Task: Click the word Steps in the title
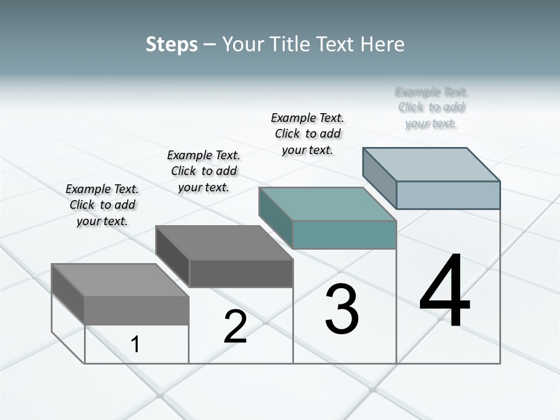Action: [171, 44]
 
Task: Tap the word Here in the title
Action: [381, 44]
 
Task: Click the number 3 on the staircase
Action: [342, 309]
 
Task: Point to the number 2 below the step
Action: [235, 327]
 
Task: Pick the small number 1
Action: [135, 345]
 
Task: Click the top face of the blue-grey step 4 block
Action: [432, 164]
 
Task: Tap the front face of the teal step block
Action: [344, 235]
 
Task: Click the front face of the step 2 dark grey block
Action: [241, 273]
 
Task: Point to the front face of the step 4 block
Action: [448, 195]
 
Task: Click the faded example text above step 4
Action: [432, 107]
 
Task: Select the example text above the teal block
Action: [307, 134]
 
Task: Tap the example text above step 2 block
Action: [204, 171]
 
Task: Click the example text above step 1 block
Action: [102, 205]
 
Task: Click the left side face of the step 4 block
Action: [379, 178]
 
